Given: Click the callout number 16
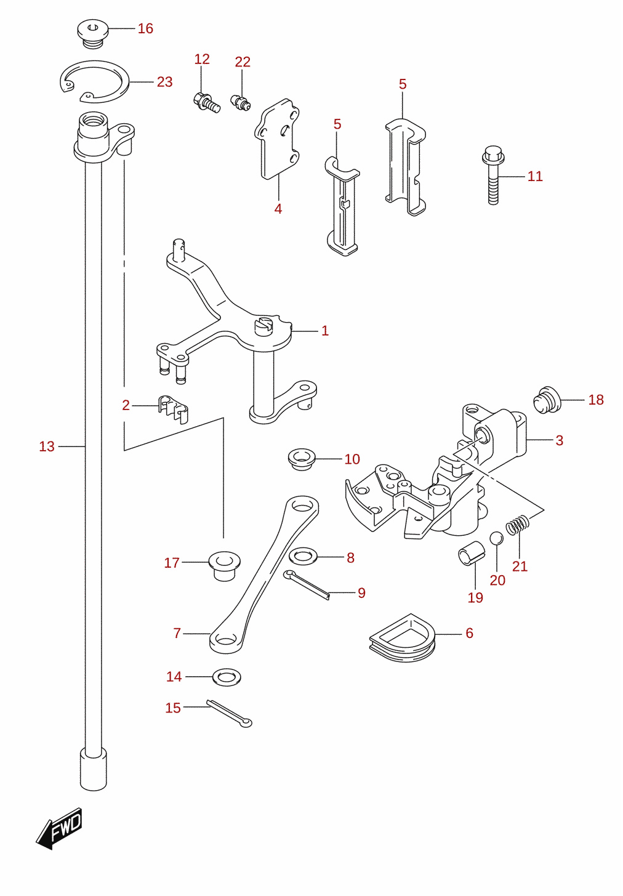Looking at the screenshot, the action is point(145,29).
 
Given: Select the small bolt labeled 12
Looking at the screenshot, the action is point(206,103).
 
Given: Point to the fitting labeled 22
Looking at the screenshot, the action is point(240,102).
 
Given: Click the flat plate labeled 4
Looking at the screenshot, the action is point(278,138).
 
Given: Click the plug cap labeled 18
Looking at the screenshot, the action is point(547,400).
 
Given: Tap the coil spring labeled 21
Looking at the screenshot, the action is point(518,525).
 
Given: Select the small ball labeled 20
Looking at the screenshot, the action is point(497,538).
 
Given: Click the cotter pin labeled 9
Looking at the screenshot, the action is point(307,586).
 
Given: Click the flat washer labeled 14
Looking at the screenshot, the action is point(227,677).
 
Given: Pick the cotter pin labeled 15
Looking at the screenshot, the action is point(229,713).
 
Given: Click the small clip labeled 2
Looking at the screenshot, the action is point(173,409).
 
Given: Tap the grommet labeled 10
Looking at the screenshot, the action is point(302,459).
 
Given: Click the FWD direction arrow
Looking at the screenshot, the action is point(59,828).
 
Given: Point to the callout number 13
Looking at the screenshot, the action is point(47,446).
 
